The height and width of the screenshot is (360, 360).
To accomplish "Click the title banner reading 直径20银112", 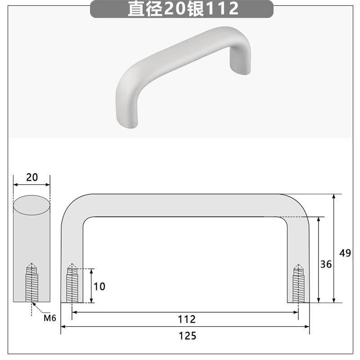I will pyautogui.click(x=182, y=9).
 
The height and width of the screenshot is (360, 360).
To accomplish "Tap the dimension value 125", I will pyautogui.click(x=187, y=335).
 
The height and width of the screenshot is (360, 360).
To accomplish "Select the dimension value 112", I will pyautogui.click(x=187, y=319).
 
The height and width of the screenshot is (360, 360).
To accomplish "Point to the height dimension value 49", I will pyautogui.click(x=345, y=253).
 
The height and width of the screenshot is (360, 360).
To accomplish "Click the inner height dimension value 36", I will pyautogui.click(x=326, y=264).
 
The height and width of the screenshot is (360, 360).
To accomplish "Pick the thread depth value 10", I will pyautogui.click(x=99, y=286).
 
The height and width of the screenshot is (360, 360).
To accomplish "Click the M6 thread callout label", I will pyautogui.click(x=49, y=318).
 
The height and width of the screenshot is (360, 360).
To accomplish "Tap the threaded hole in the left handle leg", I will pyautogui.click(x=72, y=284).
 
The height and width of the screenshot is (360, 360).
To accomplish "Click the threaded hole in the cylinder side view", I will pyautogui.click(x=31, y=283).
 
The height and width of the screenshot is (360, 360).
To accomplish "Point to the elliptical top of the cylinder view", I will pyautogui.click(x=31, y=205).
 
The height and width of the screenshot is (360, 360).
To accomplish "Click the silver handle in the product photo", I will pyautogui.click(x=180, y=67).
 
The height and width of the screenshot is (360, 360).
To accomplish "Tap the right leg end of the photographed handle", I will pyautogui.click(x=238, y=67).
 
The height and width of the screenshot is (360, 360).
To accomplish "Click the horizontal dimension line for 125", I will pyautogui.click(x=135, y=327).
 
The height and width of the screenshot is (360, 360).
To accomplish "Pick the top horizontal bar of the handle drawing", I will pyautogui.click(x=184, y=206).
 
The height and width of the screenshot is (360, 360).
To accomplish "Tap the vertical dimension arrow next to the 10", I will pyautogui.click(x=91, y=286).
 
